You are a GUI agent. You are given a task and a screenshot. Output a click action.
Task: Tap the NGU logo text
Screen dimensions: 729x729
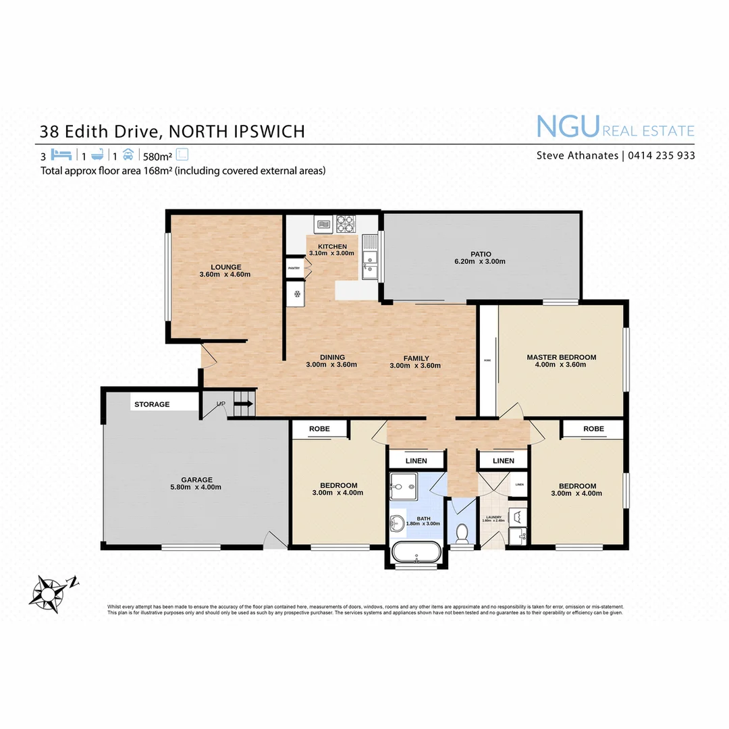[x=568, y=127]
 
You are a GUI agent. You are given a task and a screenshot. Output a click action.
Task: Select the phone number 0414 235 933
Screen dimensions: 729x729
[x=661, y=155]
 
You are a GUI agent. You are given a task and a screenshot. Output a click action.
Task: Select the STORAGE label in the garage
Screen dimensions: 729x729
[x=152, y=404]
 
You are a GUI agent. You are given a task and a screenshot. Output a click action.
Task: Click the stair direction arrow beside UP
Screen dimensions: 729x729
[x=243, y=404]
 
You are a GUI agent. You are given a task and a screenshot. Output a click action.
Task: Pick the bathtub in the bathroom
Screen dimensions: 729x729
[x=416, y=552]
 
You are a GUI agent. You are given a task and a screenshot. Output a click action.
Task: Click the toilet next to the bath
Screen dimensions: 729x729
[x=462, y=533]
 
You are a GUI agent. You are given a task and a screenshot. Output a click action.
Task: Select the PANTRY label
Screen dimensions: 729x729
[x=294, y=268]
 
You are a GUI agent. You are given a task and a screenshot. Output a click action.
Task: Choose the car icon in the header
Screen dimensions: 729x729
[x=128, y=154]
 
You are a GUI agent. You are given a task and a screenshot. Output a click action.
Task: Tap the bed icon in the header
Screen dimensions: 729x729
[x=61, y=154]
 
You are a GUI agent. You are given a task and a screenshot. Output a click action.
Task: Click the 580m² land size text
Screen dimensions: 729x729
[x=157, y=155]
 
